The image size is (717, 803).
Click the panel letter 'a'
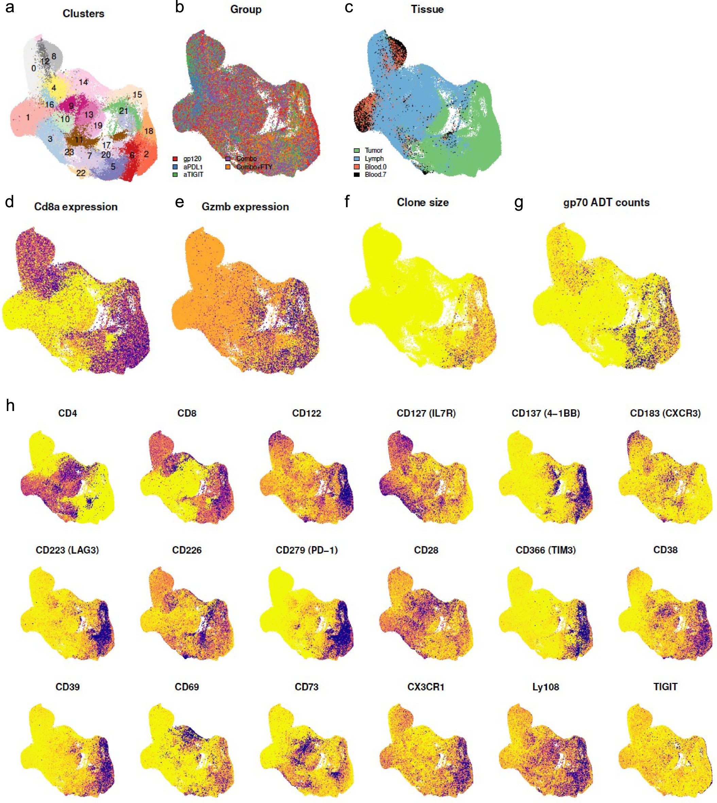[10, 8]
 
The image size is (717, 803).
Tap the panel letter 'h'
[10, 405]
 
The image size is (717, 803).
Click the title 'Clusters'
[84, 14]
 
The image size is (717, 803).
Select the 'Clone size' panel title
[423, 203]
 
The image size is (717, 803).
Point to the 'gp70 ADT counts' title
[606, 203]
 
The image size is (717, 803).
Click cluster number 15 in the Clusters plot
[137, 95]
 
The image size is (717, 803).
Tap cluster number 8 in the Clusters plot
[54, 56]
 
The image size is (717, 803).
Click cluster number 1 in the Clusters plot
[28, 117]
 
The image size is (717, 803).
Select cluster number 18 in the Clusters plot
[149, 131]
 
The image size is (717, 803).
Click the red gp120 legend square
[175, 159]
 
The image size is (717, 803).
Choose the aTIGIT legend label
[193, 175]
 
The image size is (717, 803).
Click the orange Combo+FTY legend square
[228, 167]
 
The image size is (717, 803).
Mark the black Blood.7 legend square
[357, 175]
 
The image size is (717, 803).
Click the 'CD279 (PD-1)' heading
[307, 550]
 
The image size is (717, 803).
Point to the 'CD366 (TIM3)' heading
[546, 550]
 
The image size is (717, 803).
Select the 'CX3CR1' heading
[426, 687]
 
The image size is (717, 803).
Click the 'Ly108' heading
[546, 687]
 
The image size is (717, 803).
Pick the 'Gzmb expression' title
[245, 207]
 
